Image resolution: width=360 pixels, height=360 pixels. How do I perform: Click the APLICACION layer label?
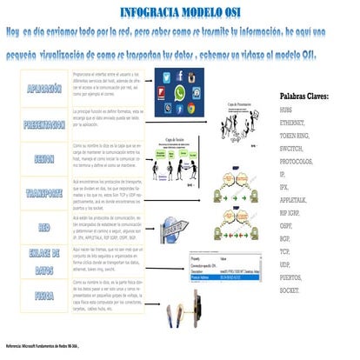pos(44,89)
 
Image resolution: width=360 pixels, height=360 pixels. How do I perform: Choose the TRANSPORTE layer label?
pos(44,192)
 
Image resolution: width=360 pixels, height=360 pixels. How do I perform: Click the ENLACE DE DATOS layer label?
pos(44,258)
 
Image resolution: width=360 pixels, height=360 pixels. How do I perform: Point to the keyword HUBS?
pos(290,111)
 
